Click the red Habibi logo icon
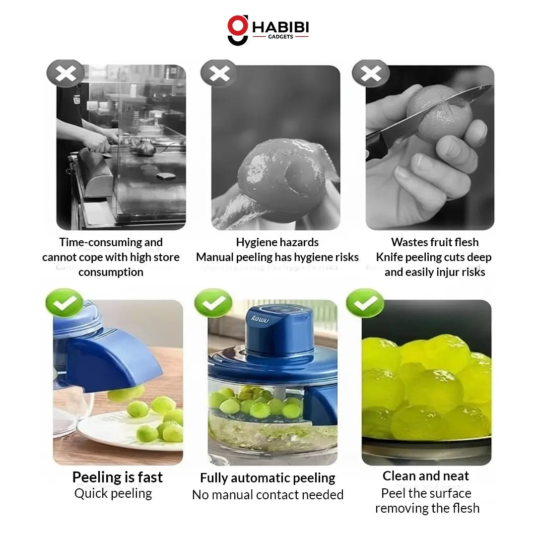coord(238,30)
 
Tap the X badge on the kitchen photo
coord(66,74)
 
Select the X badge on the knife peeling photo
coord(371,74)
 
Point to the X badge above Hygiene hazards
coord(219,74)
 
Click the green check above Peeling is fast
coord(64,303)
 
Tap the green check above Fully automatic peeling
coord(213,303)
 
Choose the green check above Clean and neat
coord(365,303)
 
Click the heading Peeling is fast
coord(118,477)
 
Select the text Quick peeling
coord(113,493)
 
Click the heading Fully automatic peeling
coord(268,478)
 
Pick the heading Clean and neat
coord(426,476)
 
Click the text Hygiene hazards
coord(277,242)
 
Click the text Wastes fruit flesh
coord(435,242)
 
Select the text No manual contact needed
coord(268,495)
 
